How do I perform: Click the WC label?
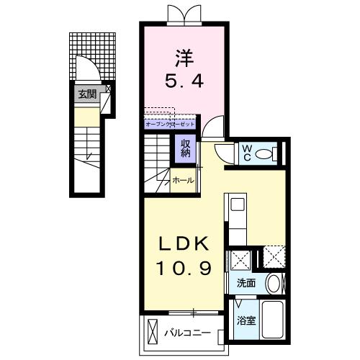click(x=246, y=152)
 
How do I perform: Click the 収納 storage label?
click(x=185, y=149)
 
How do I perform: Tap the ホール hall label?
click(x=181, y=181)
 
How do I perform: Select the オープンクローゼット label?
click(x=170, y=125)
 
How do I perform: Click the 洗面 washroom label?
click(x=246, y=283)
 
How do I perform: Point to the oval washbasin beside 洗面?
click(x=273, y=282)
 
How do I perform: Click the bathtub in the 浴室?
click(x=274, y=322)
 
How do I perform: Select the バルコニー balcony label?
click(x=185, y=333)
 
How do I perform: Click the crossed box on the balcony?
click(x=152, y=333)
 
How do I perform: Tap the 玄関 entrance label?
click(x=86, y=94)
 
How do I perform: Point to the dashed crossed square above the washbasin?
click(x=274, y=257)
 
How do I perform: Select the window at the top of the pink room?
click(x=181, y=13)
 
